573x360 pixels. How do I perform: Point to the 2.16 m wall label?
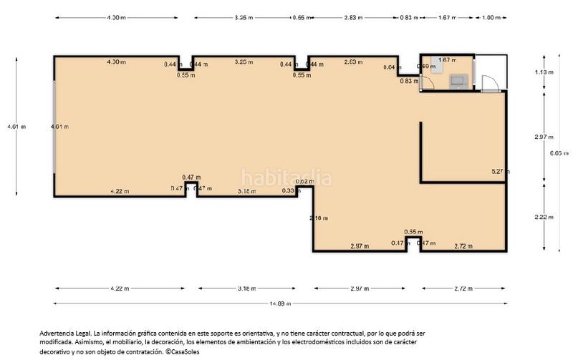click(x=319, y=218)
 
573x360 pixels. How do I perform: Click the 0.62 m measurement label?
click(x=304, y=182)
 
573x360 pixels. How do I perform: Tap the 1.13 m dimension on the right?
click(x=545, y=72)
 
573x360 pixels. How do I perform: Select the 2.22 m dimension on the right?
click(x=545, y=217)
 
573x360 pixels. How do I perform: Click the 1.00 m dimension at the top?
click(x=491, y=17)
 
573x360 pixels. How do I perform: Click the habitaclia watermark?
click(x=286, y=177)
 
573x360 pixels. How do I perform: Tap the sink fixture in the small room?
click(x=456, y=82)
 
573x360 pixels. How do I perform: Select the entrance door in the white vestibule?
click(x=489, y=84)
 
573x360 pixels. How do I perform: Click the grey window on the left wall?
click(x=54, y=126)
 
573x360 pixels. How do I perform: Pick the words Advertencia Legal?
click(x=64, y=334)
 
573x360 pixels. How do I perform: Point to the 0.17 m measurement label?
click(x=395, y=244)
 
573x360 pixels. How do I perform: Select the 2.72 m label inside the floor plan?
click(x=464, y=246)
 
